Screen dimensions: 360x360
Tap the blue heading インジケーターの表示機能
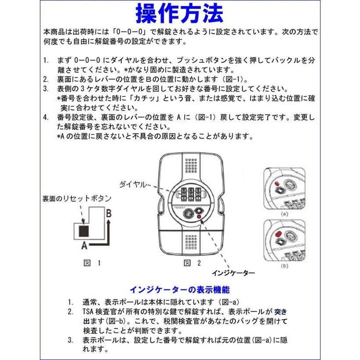(179, 290)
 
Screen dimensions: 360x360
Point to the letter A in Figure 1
(84, 246)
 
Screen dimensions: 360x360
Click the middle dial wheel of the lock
(191, 193)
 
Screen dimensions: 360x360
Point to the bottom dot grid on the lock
(190, 240)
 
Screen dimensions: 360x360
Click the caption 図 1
(92, 263)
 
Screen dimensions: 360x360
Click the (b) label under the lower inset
(284, 266)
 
